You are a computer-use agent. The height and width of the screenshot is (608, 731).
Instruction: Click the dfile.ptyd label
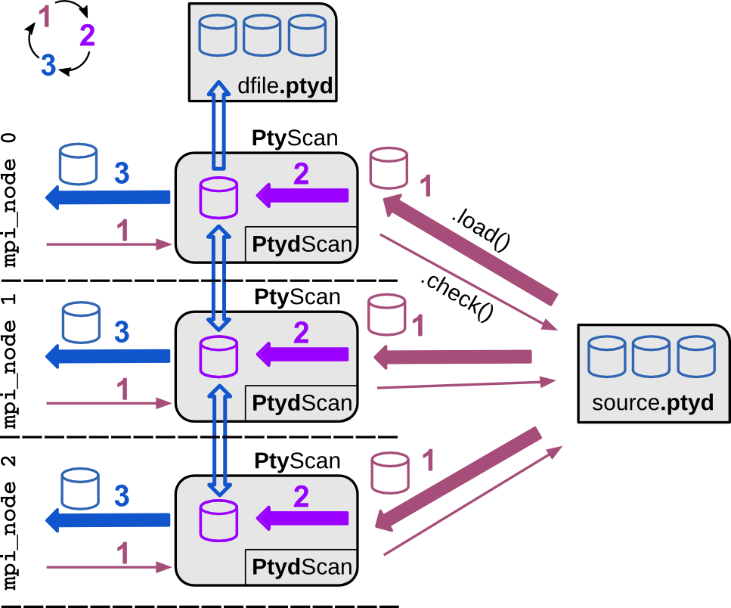pyautogui.click(x=284, y=86)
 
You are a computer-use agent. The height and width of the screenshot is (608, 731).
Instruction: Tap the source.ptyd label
pyautogui.click(x=652, y=402)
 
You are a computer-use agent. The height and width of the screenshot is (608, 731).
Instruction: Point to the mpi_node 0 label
pyautogui.click(x=10, y=200)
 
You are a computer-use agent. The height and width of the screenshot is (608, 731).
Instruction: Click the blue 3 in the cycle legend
pyautogui.click(x=48, y=66)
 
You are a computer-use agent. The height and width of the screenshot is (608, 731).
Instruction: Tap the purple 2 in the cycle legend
pyautogui.click(x=87, y=36)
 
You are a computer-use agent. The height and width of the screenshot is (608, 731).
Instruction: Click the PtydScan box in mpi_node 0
pyautogui.click(x=301, y=244)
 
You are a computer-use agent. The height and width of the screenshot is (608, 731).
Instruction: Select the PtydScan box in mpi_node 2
pyautogui.click(x=301, y=567)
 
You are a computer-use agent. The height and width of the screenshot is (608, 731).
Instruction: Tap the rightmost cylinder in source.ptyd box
pyautogui.click(x=696, y=358)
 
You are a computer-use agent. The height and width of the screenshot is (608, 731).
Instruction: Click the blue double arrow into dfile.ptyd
pyautogui.click(x=218, y=125)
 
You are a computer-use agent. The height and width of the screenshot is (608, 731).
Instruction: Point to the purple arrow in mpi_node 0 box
pyautogui.click(x=302, y=196)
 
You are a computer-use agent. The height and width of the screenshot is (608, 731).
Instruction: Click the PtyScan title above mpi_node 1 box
pyautogui.click(x=297, y=296)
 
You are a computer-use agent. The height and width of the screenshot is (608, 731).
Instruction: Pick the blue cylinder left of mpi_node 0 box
pyautogui.click(x=78, y=165)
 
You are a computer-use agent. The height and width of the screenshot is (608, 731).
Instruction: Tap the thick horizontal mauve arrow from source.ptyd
pyautogui.click(x=454, y=356)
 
